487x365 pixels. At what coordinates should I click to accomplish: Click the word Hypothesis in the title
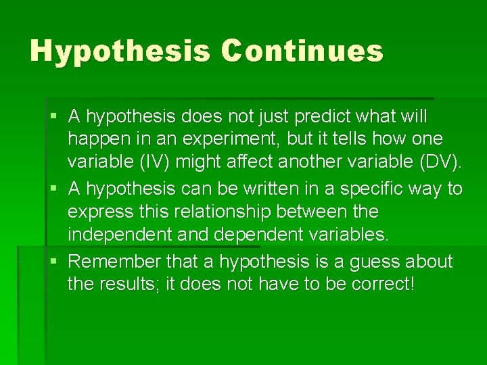[120, 51]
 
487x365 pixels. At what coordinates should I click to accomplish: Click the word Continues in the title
[302, 51]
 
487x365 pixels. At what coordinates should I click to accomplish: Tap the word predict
[321, 116]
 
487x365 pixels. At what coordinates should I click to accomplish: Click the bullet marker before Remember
[54, 260]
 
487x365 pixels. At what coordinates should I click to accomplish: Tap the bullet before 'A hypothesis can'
[54, 188]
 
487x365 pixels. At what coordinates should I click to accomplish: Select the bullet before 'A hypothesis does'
[54, 116]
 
